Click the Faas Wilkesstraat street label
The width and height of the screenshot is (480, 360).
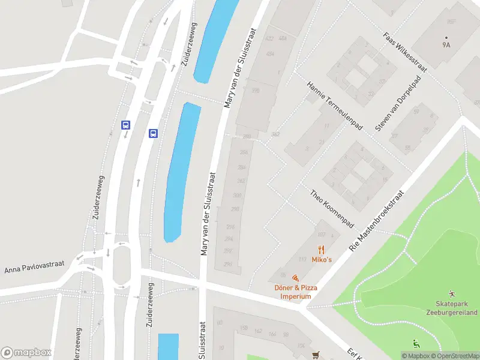[x=404, y=50]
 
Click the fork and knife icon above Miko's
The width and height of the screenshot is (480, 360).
[x=322, y=249]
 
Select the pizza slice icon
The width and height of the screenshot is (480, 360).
[x=295, y=278]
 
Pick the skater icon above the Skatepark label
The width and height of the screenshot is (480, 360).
[x=451, y=294]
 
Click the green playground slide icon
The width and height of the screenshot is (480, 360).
[x=416, y=344]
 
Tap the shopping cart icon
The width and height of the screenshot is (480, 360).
[x=316, y=355]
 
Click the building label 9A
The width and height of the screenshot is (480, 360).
[x=446, y=44]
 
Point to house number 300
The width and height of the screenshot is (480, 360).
[x=237, y=196]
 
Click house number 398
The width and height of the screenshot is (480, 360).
[x=256, y=91]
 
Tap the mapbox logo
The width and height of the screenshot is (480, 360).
[x=26, y=352]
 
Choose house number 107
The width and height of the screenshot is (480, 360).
[x=321, y=235]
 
